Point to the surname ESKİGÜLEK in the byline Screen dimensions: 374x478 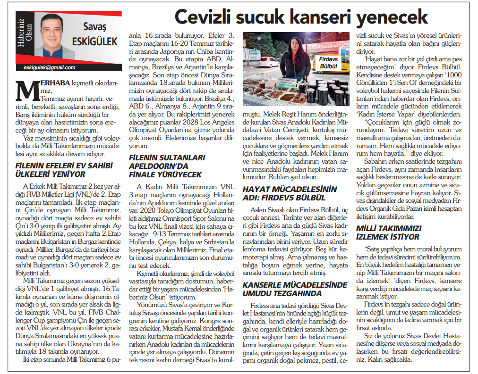coord(94,42)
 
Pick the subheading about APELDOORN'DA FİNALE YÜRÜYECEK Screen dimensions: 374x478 coord(166,166)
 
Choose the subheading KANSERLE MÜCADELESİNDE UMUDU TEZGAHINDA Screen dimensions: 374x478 coord(295,289)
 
